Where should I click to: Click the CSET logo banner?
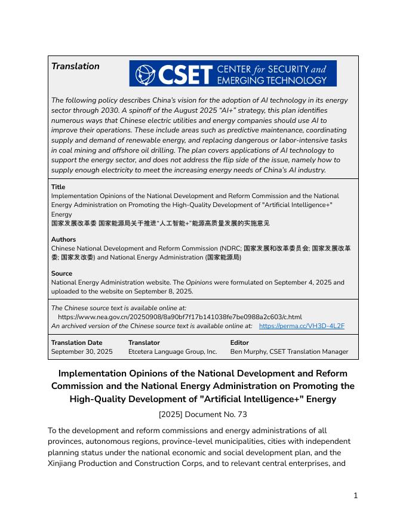[233, 73]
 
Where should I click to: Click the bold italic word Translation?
[75, 66]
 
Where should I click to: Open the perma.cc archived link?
[302, 326]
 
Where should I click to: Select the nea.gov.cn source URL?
[180, 317]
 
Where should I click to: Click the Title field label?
[59, 187]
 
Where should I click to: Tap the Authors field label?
[63, 239]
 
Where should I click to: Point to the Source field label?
[61, 273]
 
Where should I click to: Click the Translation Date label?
[76, 342]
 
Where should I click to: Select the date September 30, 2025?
[82, 351]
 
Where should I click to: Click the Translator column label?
[144, 342]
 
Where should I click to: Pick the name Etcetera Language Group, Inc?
[173, 351]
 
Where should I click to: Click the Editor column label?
[240, 342]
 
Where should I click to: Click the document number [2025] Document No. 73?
[202, 413]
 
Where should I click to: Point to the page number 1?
[355, 495]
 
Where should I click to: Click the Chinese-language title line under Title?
[160, 223]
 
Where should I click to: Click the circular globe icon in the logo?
[144, 74]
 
